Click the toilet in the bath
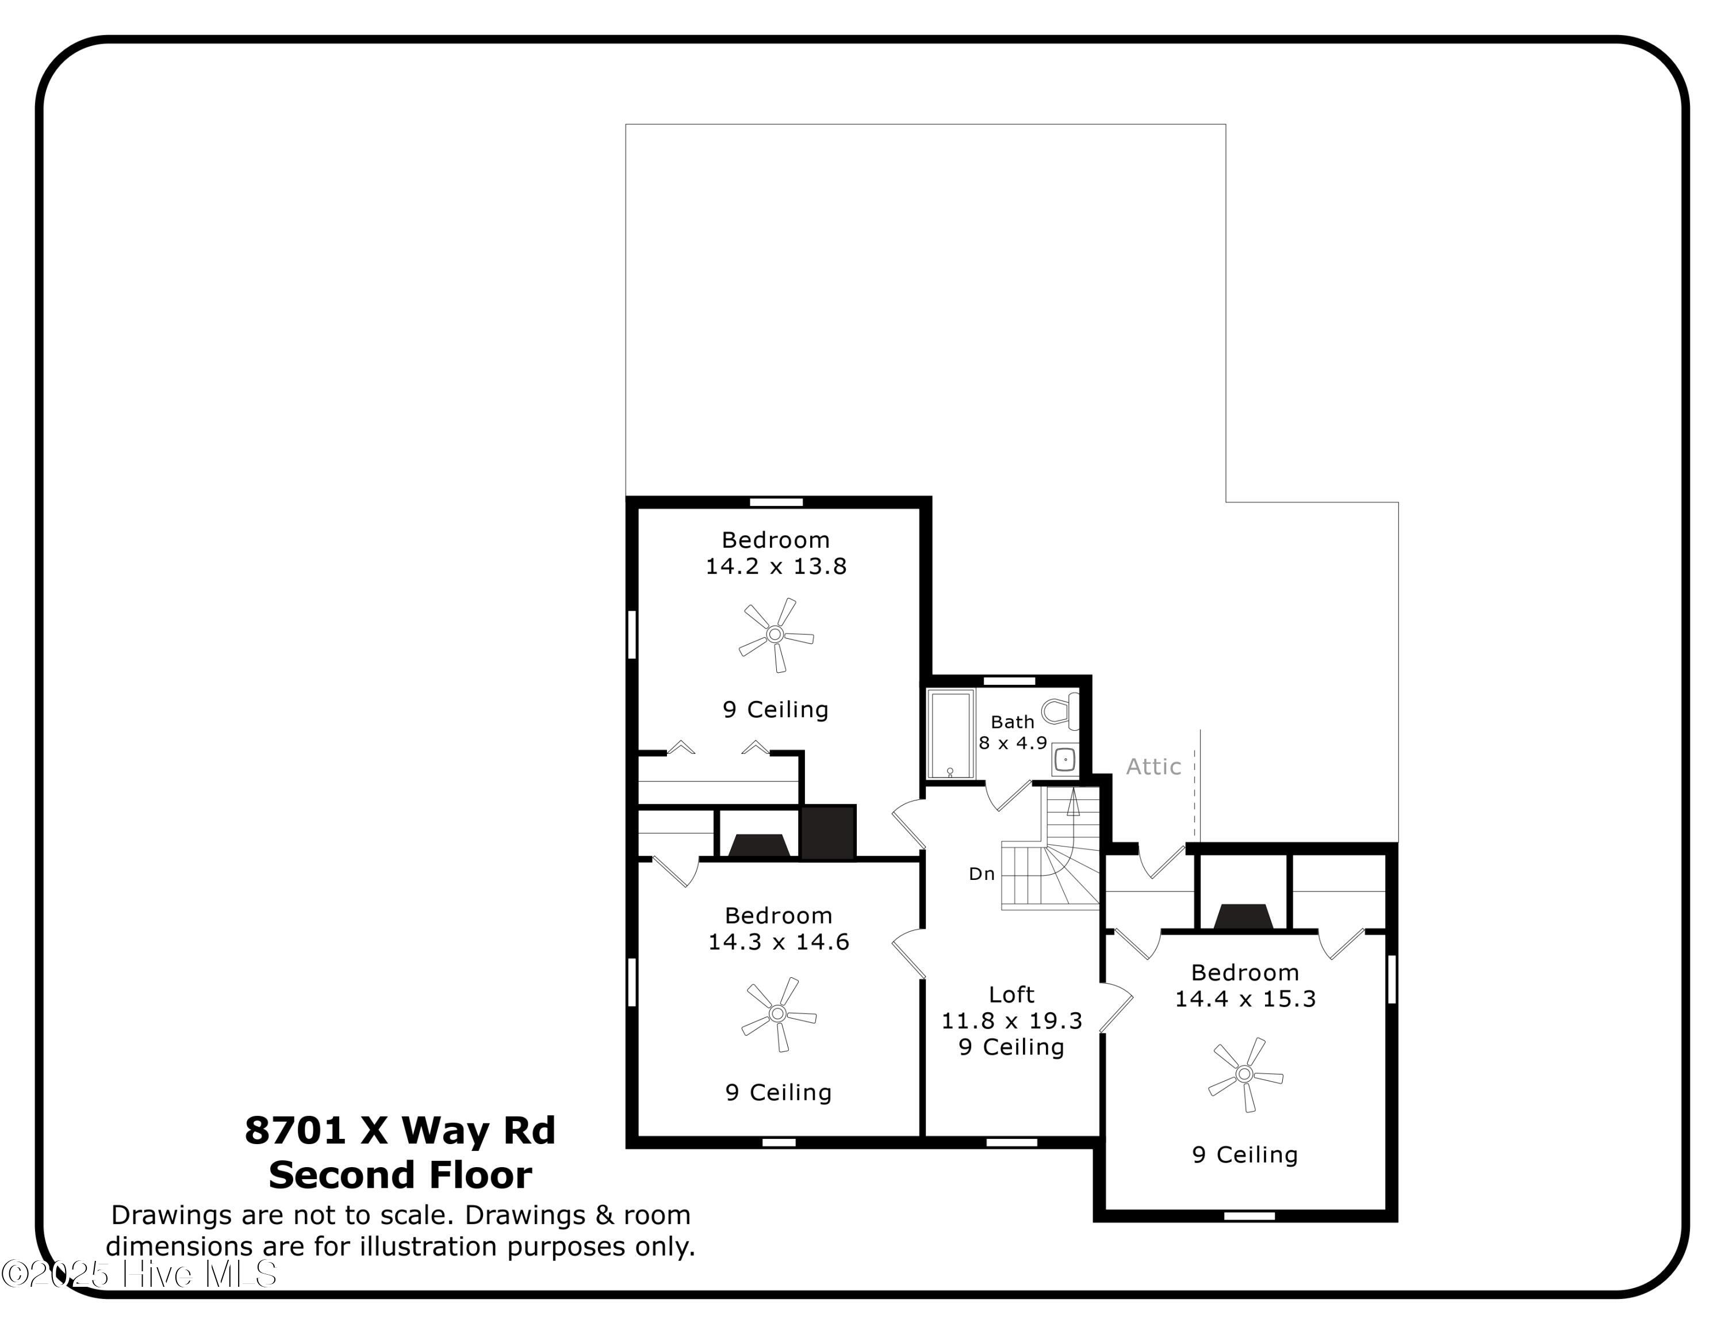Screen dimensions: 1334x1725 pyautogui.click(x=1061, y=711)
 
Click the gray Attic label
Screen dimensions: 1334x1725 pyautogui.click(x=1153, y=767)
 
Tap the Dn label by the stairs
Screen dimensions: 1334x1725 pyautogui.click(x=982, y=874)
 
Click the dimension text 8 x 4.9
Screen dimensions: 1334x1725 pyautogui.click(x=1013, y=743)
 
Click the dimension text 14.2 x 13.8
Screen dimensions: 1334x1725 pyautogui.click(x=776, y=566)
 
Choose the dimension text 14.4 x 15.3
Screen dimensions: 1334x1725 pyautogui.click(x=1245, y=999)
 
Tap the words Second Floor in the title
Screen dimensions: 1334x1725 pyautogui.click(x=400, y=1175)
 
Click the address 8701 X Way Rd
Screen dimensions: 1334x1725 pyautogui.click(x=400, y=1130)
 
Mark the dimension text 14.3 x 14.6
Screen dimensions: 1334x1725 pyautogui.click(x=779, y=942)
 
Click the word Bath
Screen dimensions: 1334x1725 pyautogui.click(x=1013, y=722)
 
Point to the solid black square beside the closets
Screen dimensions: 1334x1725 pyautogui.click(x=828, y=832)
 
